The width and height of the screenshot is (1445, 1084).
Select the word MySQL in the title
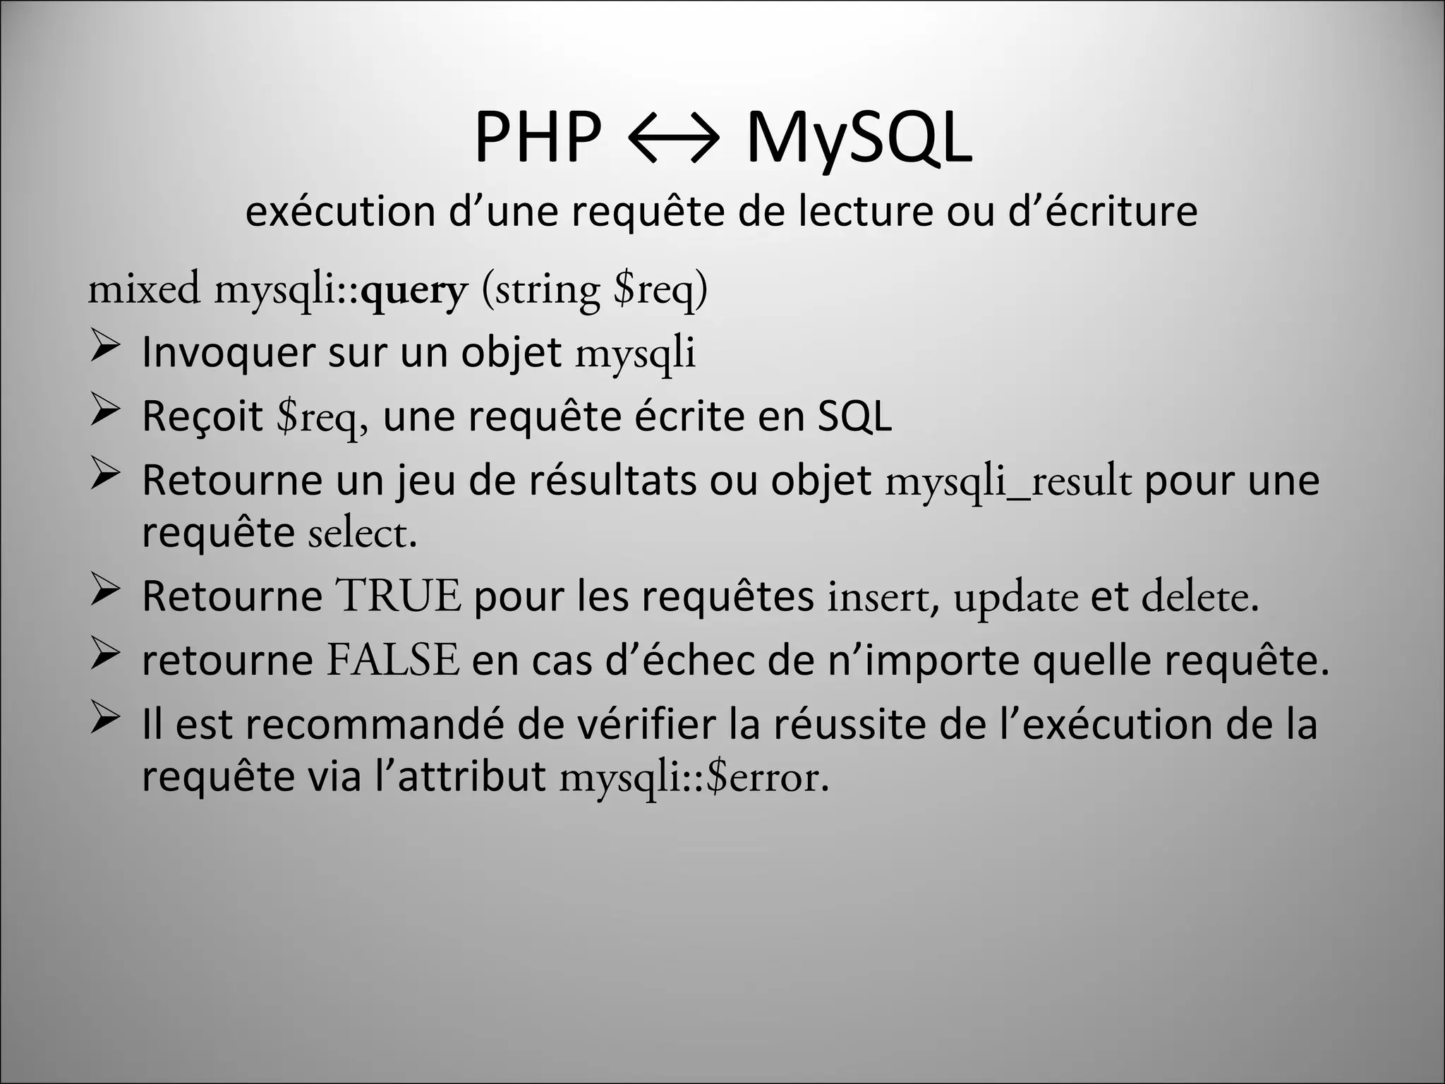[858, 139]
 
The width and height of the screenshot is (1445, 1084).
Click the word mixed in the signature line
[144, 289]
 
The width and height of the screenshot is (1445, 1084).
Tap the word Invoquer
[228, 352]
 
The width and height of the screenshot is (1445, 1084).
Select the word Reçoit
[202, 416]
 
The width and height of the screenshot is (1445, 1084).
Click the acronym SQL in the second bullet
[854, 416]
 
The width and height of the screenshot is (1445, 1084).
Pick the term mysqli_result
[1008, 481]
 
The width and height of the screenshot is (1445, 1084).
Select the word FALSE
[393, 661]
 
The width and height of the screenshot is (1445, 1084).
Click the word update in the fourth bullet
[1015, 598]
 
